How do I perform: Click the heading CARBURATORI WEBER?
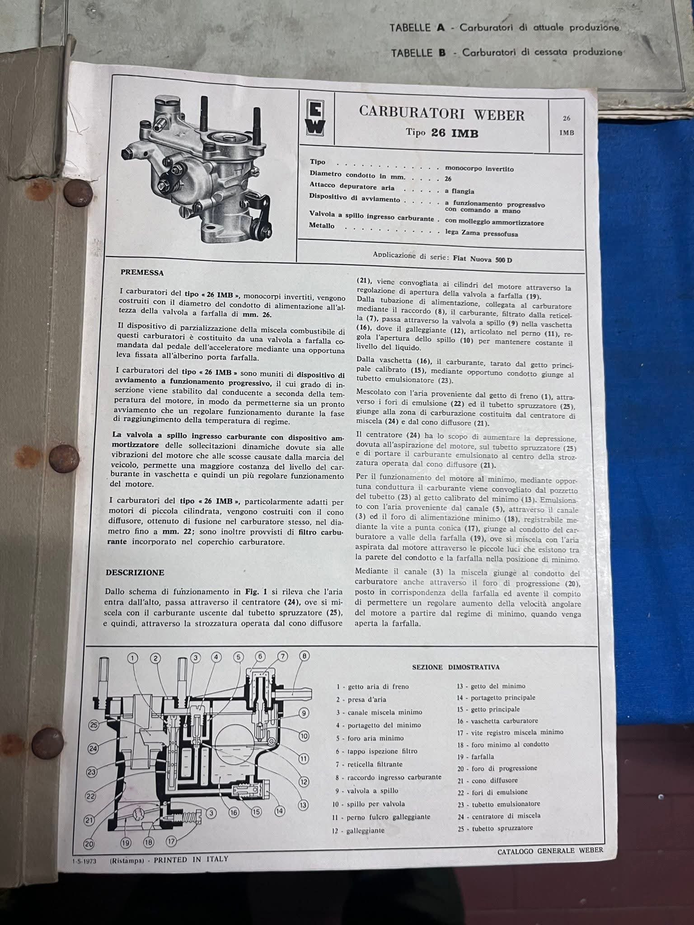pos(442,113)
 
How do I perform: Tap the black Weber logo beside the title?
pos(316,120)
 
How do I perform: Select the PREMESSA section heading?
pos(142,272)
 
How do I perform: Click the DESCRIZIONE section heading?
pos(135,572)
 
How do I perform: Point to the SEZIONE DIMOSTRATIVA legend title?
pos(455,667)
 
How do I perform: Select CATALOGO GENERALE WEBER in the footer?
pos(550,850)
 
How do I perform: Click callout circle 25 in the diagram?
pos(94,725)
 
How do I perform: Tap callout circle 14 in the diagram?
pos(280,811)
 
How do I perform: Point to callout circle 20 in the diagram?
pos(89,843)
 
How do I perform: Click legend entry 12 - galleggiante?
pos(358,830)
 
